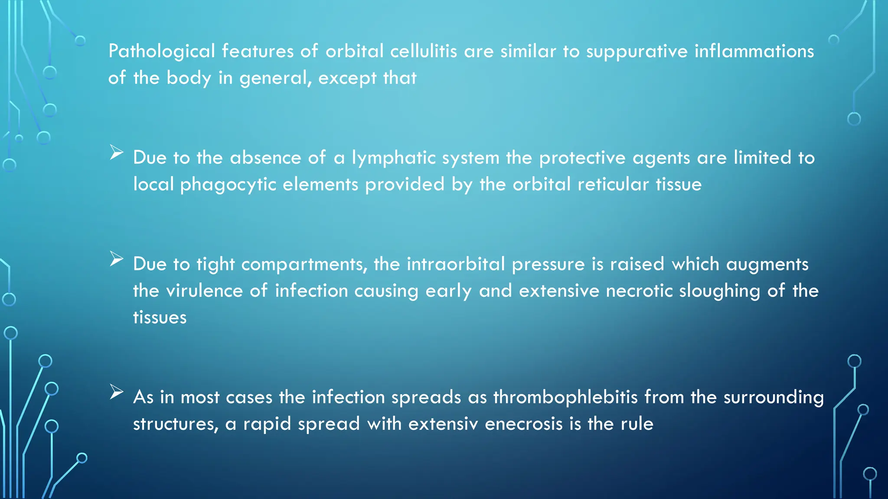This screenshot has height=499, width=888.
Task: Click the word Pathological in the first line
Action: tap(161, 52)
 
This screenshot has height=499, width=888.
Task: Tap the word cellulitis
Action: tap(423, 52)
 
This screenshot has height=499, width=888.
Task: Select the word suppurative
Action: tap(637, 52)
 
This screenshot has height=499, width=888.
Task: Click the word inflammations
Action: tap(754, 52)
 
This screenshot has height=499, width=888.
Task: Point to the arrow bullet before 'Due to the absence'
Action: tap(117, 152)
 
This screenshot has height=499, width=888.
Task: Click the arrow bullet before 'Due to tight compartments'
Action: tap(117, 259)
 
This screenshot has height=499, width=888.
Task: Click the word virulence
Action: tap(204, 291)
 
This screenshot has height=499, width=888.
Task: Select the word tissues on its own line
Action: tap(160, 318)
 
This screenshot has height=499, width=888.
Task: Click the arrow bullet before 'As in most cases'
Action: tap(117, 392)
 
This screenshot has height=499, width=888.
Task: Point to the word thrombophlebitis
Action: tap(565, 397)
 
